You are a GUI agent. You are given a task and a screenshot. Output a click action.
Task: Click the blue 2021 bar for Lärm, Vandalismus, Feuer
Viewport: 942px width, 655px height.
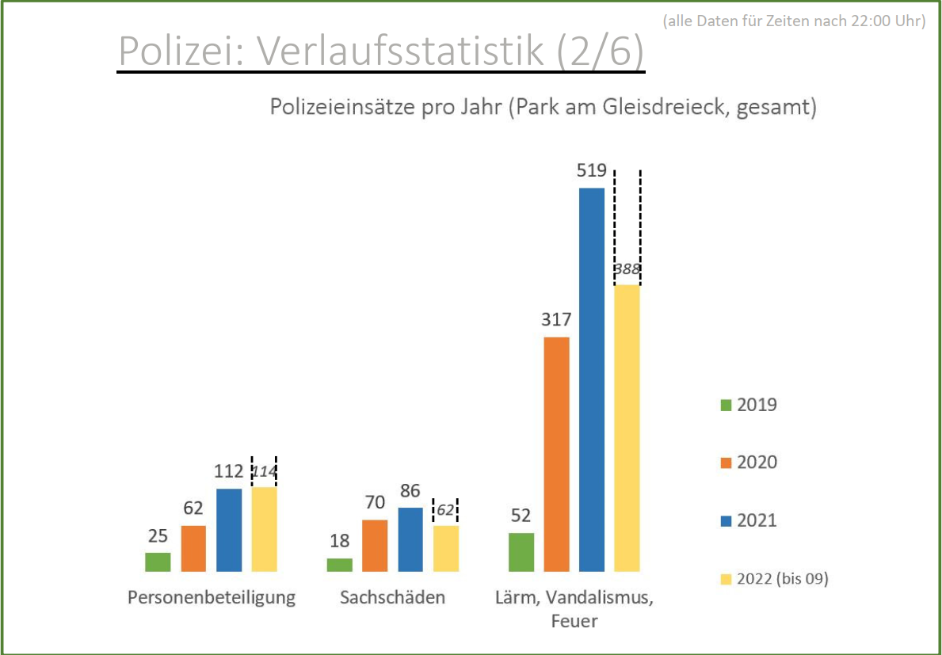tap(592, 379)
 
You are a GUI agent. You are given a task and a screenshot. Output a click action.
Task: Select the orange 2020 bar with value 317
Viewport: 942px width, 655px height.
tap(556, 454)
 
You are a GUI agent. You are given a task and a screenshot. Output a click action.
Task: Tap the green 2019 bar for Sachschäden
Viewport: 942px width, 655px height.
tap(339, 565)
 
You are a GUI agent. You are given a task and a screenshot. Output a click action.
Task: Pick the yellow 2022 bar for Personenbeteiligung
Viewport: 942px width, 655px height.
tap(265, 529)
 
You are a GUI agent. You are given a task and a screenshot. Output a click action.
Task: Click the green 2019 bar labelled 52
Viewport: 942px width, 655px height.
tap(521, 552)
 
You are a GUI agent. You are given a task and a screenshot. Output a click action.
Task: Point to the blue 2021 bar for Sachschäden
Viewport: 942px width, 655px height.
tap(410, 539)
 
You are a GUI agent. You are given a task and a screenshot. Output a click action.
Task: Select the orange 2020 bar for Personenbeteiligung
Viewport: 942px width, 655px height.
tap(193, 548)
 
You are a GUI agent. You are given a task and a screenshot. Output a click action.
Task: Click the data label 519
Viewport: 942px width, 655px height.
tap(592, 171)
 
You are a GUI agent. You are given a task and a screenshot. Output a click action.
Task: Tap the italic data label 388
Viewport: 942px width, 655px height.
tap(627, 269)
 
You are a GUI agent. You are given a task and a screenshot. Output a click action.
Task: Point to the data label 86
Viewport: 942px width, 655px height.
tap(410, 491)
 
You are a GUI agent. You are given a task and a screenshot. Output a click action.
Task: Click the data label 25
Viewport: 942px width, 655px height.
tap(158, 536)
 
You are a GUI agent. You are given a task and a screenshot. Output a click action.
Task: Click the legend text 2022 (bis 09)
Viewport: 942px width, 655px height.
tap(782, 579)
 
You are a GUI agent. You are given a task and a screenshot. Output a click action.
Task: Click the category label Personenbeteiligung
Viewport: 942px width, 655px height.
tap(212, 597)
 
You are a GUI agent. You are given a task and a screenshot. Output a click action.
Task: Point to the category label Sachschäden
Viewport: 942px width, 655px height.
tap(392, 597)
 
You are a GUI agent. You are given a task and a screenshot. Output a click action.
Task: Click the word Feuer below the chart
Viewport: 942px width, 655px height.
tap(574, 622)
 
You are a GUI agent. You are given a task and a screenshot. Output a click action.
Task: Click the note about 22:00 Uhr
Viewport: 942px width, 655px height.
tap(794, 21)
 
